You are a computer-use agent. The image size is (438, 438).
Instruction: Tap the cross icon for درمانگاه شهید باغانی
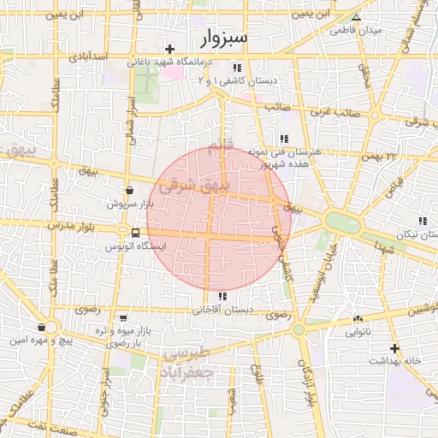(171, 49)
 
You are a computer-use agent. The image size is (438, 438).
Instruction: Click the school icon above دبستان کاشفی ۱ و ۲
(236, 68)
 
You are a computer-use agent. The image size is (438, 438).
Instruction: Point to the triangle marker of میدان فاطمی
(357, 17)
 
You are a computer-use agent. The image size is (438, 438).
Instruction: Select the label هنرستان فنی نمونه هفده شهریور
(283, 156)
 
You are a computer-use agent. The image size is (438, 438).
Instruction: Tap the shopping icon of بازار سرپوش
(129, 191)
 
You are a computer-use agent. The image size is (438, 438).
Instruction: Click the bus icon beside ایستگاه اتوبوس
(136, 233)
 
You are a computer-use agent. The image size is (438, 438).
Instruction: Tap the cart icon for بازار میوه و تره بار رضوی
(124, 317)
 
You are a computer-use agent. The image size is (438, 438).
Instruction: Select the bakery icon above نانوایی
(357, 320)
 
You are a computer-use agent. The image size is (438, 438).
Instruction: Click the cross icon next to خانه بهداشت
(394, 348)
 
